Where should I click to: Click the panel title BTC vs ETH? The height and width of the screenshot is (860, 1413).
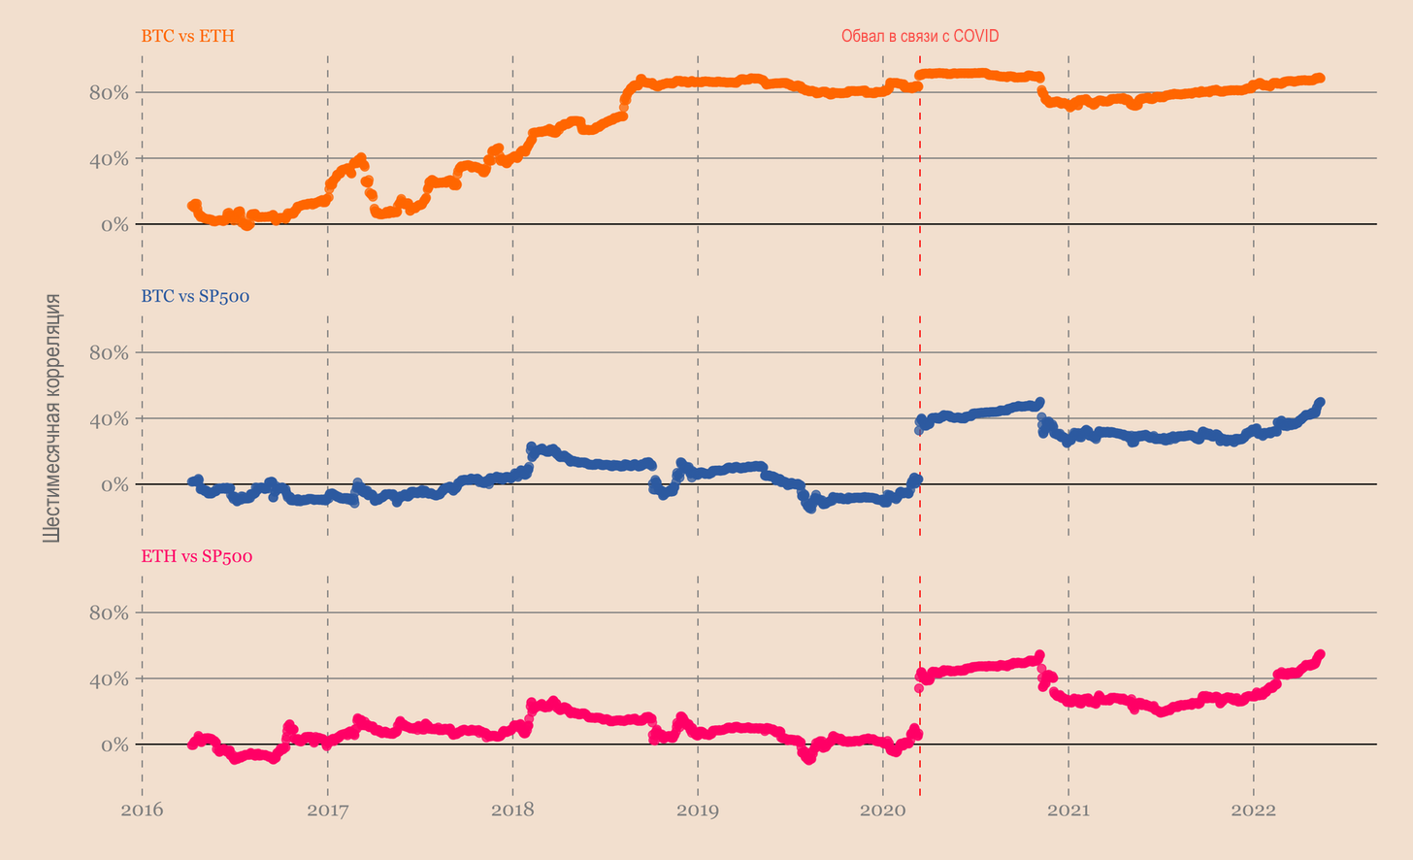click(187, 37)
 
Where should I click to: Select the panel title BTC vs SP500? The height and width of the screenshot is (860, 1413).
click(195, 296)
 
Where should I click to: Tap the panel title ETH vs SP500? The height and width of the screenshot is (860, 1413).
click(197, 556)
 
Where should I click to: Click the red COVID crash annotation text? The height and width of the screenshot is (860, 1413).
click(919, 36)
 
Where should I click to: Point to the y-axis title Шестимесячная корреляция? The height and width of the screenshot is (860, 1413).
click(52, 417)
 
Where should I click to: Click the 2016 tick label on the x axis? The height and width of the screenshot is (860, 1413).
click(143, 810)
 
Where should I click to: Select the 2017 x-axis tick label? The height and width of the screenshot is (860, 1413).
click(328, 810)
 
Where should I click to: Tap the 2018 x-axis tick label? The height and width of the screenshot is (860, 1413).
click(512, 810)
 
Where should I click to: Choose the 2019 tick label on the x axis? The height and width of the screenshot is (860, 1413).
click(698, 810)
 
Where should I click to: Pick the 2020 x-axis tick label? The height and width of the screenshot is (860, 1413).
click(883, 810)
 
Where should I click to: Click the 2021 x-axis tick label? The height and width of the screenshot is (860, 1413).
click(1068, 810)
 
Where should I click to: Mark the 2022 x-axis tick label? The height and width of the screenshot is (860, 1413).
click(1253, 810)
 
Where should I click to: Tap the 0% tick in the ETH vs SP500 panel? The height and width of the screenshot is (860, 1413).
click(115, 745)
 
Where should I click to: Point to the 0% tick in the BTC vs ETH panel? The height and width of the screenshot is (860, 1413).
click(115, 225)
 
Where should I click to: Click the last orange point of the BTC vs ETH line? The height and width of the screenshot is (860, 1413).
click(1320, 78)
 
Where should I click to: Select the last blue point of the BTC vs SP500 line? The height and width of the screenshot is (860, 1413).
click(1320, 402)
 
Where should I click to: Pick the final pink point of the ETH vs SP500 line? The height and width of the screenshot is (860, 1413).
click(1320, 654)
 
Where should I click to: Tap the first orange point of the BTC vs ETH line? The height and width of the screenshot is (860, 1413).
click(191, 206)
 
